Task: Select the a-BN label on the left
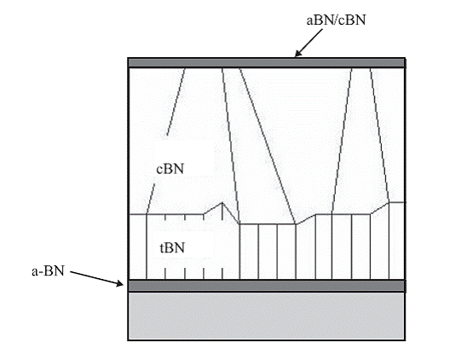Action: (x=48, y=271)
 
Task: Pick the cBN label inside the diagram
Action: (x=170, y=169)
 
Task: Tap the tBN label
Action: (x=172, y=248)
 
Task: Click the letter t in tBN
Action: (x=161, y=248)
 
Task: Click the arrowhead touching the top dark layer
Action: (x=297, y=54)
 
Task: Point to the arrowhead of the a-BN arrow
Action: (x=120, y=283)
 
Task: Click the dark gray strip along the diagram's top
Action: (x=267, y=63)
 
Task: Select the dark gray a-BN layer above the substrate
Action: (x=267, y=286)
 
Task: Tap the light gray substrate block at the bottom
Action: (x=267, y=316)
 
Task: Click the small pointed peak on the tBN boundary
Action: (x=222, y=202)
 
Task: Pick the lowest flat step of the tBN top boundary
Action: (x=268, y=224)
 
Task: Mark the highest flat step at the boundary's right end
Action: (x=396, y=202)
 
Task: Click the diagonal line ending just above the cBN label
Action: (x=176, y=102)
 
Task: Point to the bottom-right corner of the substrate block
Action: (x=405, y=340)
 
